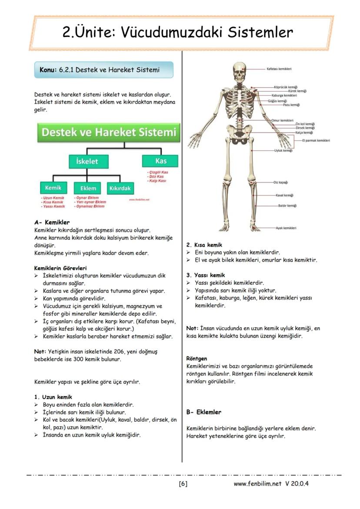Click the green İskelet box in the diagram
(x=87, y=161)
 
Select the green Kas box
(x=160, y=161)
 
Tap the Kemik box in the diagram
(x=53, y=188)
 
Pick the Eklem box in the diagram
(x=88, y=188)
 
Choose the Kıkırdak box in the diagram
(x=120, y=188)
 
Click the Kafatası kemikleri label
(x=279, y=69)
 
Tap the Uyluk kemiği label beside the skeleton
(x=283, y=150)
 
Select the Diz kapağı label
(x=280, y=183)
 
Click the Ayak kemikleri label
(x=286, y=228)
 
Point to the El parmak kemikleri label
(x=316, y=140)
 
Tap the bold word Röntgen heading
(x=197, y=359)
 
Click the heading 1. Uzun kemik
(x=53, y=397)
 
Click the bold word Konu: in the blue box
(x=48, y=70)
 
